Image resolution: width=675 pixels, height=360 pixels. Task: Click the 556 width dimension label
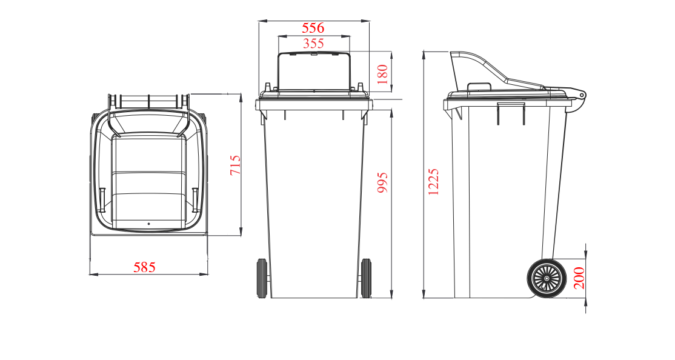pyautogui.click(x=313, y=28)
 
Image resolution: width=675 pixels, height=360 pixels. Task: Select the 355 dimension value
pyautogui.click(x=313, y=44)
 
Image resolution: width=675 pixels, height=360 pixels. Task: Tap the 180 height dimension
pyautogui.click(x=382, y=74)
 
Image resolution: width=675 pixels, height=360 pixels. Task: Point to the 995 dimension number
pyautogui.click(x=382, y=182)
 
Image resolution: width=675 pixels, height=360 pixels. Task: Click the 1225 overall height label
pyautogui.click(x=433, y=182)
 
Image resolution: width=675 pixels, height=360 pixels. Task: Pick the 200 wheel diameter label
pyautogui.click(x=579, y=278)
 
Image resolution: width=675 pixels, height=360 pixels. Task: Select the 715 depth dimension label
pyautogui.click(x=235, y=165)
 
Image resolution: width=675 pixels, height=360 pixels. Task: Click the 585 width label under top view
pyautogui.click(x=144, y=267)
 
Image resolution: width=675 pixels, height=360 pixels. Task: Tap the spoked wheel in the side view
pyautogui.click(x=547, y=278)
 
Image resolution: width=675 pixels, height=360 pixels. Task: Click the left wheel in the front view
pyautogui.click(x=262, y=278)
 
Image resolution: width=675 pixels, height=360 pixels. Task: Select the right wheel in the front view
pyautogui.click(x=366, y=278)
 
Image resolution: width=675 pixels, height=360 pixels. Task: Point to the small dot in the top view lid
pyautogui.click(x=148, y=224)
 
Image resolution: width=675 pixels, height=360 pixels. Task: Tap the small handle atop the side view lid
pyautogui.click(x=479, y=87)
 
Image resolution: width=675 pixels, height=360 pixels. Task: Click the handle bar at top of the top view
pyautogui.click(x=148, y=101)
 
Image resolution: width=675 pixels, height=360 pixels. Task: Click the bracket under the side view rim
pyautogui.click(x=511, y=113)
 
